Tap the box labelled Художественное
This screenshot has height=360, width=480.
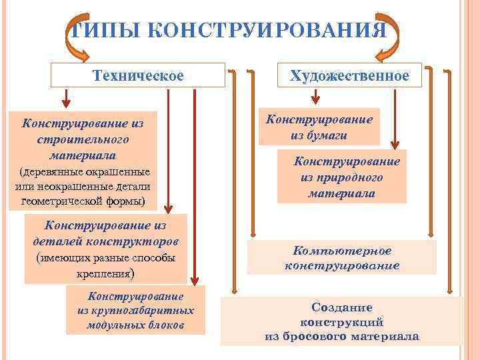349,75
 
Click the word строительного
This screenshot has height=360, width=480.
84,141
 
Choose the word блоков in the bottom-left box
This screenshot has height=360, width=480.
166,325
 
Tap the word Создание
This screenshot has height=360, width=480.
342,307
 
